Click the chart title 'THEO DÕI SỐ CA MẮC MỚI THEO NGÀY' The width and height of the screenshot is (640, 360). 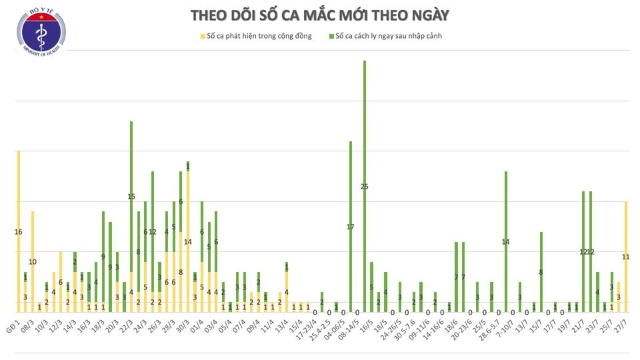[319, 15]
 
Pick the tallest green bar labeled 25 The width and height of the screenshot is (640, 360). [365, 186]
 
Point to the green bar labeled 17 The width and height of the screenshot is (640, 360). [351, 227]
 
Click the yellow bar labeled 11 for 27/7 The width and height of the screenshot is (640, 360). [626, 257]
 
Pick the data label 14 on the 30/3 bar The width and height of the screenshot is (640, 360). [188, 242]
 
